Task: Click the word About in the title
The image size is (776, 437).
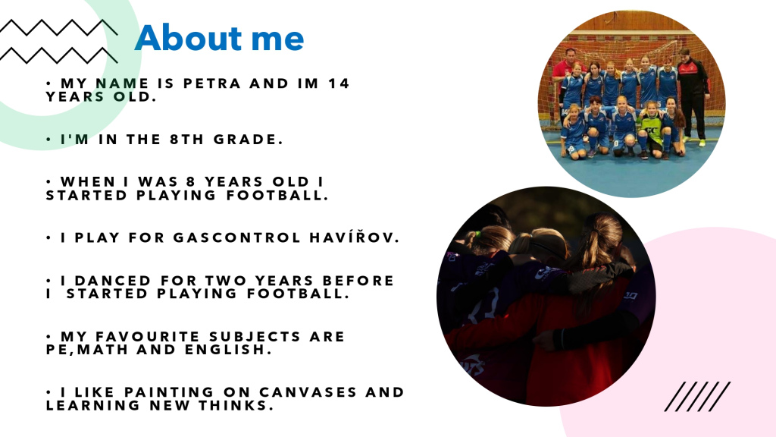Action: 188,38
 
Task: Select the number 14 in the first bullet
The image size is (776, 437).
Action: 339,83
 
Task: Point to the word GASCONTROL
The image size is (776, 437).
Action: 236,237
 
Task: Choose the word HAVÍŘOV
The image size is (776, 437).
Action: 355,237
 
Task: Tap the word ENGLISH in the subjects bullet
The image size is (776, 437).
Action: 228,350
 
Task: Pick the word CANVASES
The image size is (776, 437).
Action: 308,392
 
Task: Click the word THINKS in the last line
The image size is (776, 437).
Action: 236,406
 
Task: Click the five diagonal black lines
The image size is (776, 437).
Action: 697,396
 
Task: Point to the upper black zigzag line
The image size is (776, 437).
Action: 58,27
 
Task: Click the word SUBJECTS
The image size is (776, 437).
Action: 255,337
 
